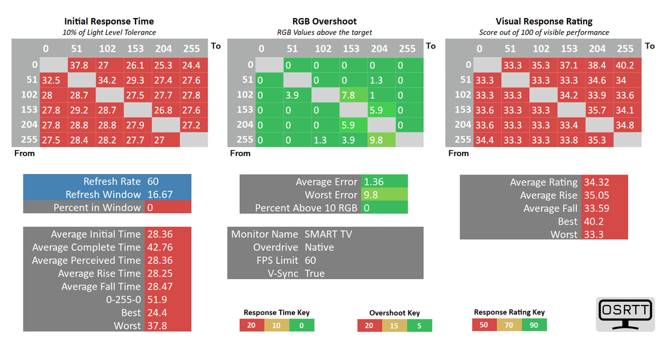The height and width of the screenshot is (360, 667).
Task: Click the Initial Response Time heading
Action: point(109,22)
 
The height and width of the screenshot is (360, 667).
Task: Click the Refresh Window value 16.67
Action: point(167,194)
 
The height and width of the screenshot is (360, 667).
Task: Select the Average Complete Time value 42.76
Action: point(167,247)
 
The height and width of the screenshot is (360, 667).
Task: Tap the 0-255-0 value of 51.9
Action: point(167,299)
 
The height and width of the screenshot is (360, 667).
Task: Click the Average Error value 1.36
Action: point(384,182)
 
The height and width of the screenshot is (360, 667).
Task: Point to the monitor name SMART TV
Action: point(328,234)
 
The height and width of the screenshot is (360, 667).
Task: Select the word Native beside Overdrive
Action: point(320,247)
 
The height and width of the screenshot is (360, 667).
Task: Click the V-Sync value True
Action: point(315,274)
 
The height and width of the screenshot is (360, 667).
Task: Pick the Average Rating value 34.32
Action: point(603,182)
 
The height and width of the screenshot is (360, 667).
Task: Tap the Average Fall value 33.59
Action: point(603,208)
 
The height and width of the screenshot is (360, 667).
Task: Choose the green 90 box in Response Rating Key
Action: point(534,325)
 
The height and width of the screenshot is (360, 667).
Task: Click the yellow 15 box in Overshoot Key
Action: point(394,326)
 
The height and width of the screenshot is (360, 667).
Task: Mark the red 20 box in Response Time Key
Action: point(251,325)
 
